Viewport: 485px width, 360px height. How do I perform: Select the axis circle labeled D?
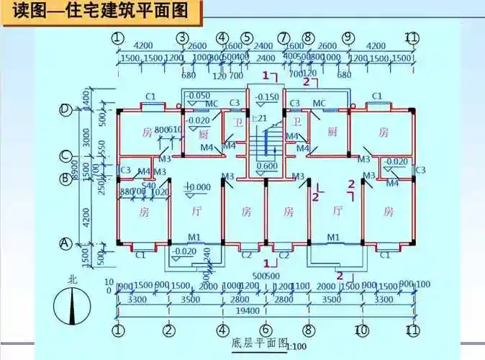point(65,109)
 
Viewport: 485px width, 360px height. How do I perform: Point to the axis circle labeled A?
point(65,243)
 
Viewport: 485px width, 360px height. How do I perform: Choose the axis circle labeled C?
point(65,155)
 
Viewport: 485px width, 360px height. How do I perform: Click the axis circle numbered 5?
point(247,37)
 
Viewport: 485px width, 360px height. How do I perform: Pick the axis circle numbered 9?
point(348,37)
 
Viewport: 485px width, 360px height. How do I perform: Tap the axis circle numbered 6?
point(266,330)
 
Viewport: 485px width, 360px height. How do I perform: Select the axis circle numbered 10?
point(362,330)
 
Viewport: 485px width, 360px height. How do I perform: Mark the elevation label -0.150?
point(267,97)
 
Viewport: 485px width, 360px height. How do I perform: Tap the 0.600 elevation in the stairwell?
point(267,166)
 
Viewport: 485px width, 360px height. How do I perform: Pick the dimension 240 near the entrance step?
point(207,254)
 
